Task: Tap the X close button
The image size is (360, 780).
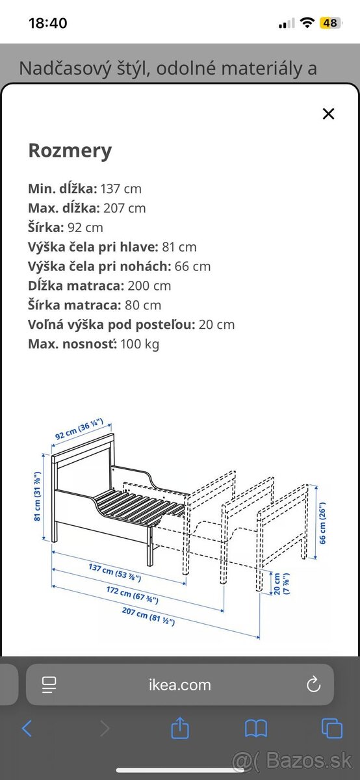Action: coord(328,114)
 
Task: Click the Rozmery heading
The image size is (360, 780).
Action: coord(70,151)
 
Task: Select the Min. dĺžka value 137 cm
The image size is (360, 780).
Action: coord(120,189)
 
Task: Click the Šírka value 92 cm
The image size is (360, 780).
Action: coord(85,227)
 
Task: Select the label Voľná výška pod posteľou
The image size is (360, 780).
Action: coord(110,324)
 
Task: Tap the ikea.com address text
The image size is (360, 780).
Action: coord(179,684)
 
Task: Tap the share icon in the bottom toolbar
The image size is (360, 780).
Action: coord(180,728)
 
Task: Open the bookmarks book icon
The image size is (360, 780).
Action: coord(256,729)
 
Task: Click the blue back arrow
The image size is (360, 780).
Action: coord(27,729)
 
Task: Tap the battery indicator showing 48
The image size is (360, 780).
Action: coord(330,23)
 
